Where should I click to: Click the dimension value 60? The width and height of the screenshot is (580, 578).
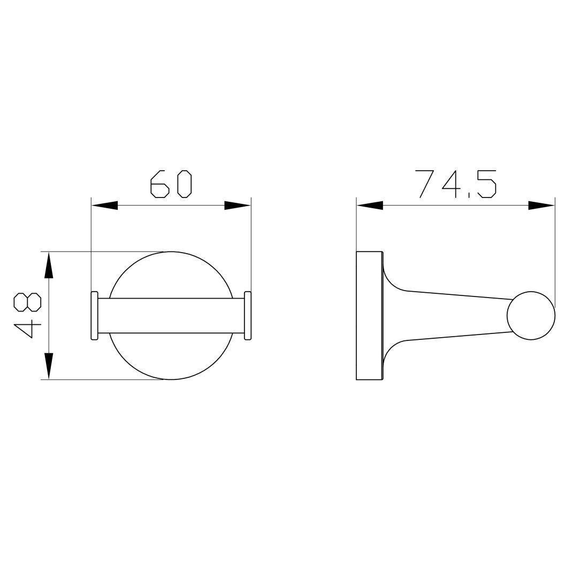[x=171, y=184]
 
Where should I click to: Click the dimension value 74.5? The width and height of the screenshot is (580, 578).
[x=456, y=184]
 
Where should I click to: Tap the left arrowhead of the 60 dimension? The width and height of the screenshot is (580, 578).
[x=104, y=206]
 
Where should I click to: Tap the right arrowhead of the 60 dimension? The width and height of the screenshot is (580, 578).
[x=238, y=206]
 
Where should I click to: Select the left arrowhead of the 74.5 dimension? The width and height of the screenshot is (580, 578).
[x=370, y=206]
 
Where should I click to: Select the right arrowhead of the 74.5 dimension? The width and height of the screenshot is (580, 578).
[x=541, y=206]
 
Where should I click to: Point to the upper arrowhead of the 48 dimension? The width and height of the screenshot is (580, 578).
[x=49, y=265]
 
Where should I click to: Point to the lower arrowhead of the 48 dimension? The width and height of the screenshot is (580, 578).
[x=49, y=366]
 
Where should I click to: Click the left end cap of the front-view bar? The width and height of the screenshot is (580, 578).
[x=95, y=315]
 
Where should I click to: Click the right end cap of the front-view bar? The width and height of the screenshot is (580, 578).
[x=248, y=315]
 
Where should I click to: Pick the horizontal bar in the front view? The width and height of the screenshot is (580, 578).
[x=171, y=315]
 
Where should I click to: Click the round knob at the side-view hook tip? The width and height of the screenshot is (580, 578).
[x=531, y=316]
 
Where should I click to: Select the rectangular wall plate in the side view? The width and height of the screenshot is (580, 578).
[x=369, y=315]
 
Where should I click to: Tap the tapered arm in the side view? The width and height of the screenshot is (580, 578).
[x=455, y=316]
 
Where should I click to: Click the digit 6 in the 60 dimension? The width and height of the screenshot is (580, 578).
[x=159, y=184]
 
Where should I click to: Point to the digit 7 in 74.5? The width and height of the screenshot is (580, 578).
[x=424, y=184]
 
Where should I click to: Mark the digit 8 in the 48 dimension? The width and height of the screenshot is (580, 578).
[x=27, y=302]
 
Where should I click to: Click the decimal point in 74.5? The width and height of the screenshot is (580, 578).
[x=469, y=196]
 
